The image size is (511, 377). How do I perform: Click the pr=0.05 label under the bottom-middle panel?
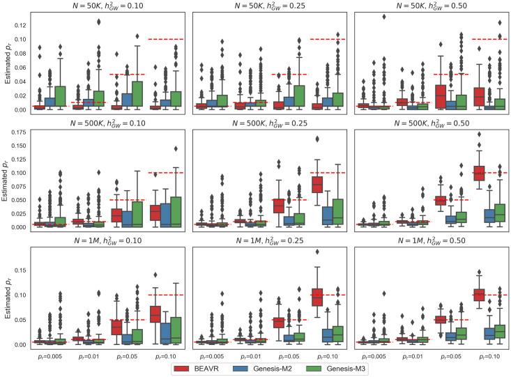pos(298,355)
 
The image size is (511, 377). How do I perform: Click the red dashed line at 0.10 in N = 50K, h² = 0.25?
pos(327,39)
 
